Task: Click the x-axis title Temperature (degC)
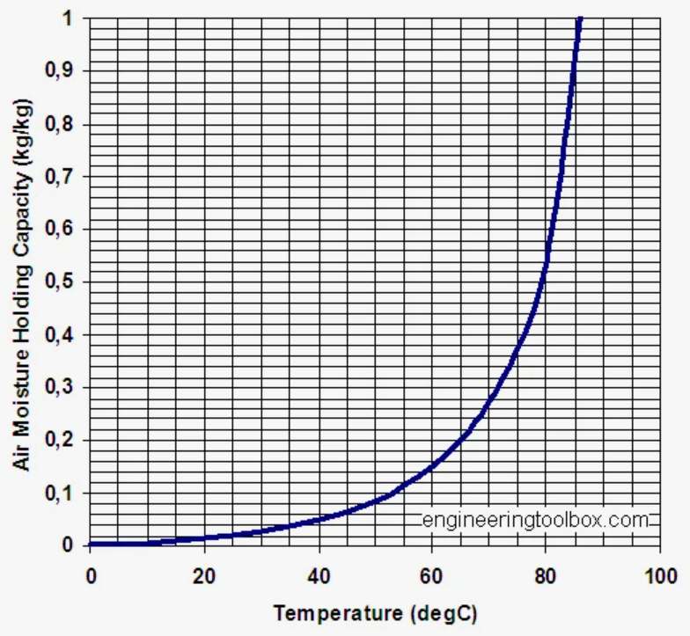[x=375, y=613]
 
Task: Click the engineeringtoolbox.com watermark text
[x=536, y=520]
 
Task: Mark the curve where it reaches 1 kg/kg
[x=579, y=18]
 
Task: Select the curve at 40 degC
[x=318, y=518]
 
